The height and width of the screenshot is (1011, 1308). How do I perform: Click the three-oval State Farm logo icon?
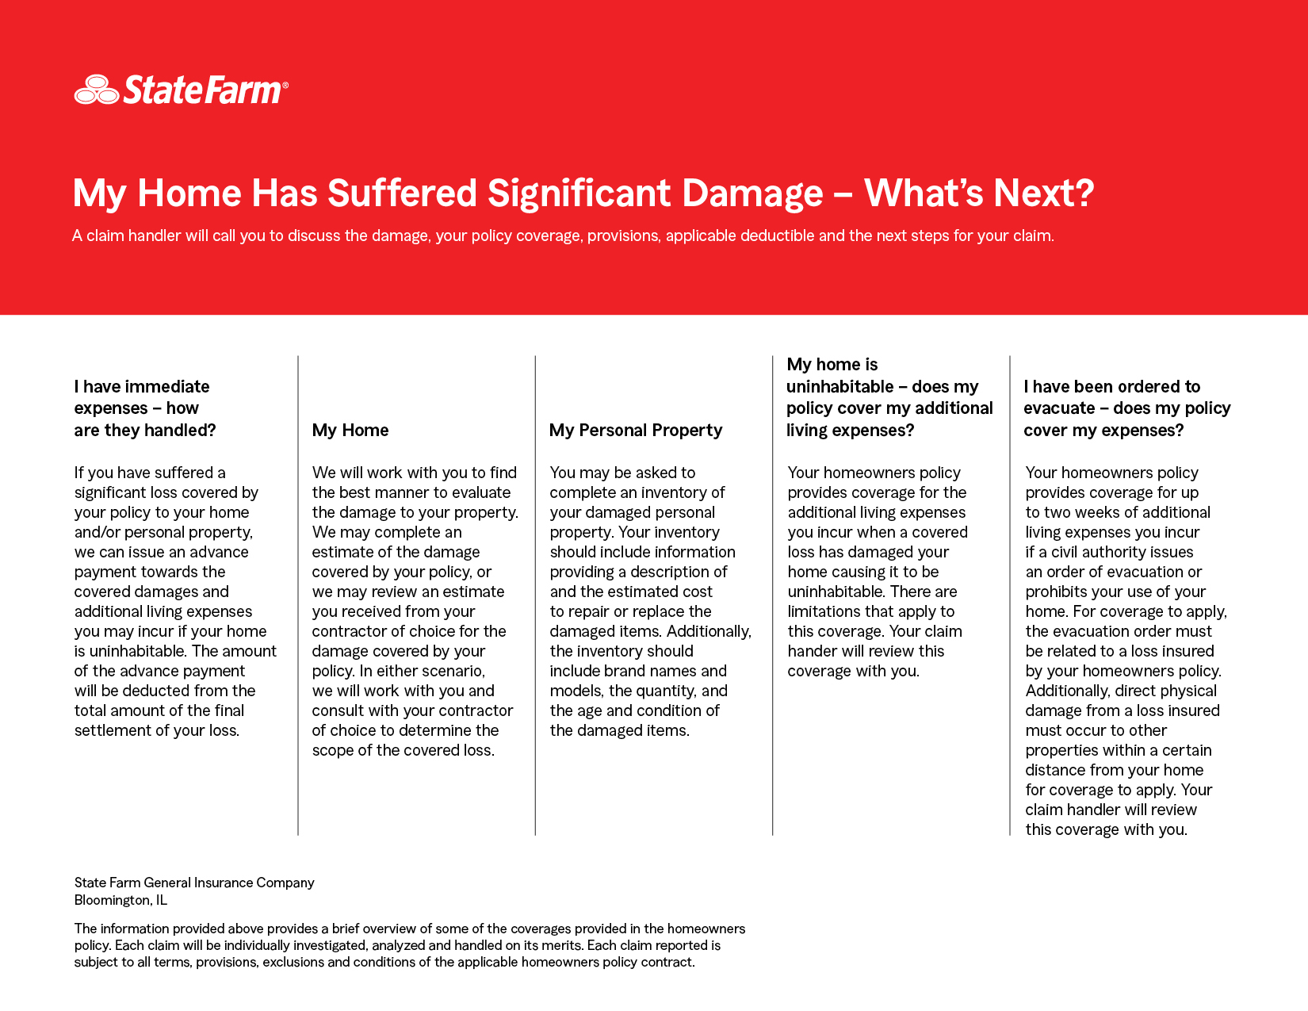[x=97, y=90]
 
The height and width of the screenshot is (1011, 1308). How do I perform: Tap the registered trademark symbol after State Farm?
[x=285, y=84]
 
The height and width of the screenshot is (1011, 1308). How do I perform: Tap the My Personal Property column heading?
[x=636, y=431]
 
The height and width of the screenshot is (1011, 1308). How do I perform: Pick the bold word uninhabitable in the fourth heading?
[x=839, y=387]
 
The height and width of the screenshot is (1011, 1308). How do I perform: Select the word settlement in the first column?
[x=113, y=730]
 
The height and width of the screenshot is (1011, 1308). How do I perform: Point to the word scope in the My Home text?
[x=333, y=750]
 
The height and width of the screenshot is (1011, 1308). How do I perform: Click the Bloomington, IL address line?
[x=120, y=900]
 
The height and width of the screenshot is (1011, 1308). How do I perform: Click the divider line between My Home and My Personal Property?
[x=535, y=595]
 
